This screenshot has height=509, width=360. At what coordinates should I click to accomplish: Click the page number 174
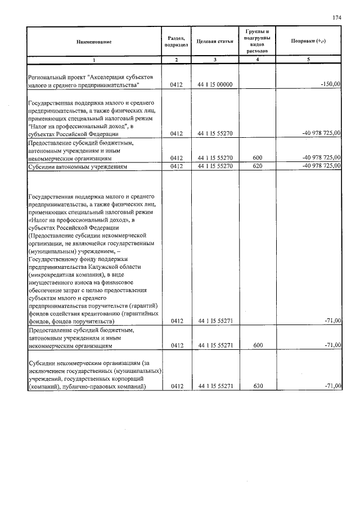tap(337, 18)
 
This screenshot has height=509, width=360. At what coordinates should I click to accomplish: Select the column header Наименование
tap(94, 42)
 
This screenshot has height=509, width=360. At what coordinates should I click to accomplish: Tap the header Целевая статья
tap(215, 42)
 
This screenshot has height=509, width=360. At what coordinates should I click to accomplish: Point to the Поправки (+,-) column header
tap(309, 42)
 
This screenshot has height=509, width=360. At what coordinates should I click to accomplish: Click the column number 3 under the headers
tap(215, 59)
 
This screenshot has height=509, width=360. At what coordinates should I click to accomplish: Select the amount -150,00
tap(330, 84)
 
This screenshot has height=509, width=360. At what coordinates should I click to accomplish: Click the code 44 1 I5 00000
tap(216, 85)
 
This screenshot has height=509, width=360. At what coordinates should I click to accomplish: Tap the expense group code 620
tap(257, 166)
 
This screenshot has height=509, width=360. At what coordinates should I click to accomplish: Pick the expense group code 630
tap(257, 386)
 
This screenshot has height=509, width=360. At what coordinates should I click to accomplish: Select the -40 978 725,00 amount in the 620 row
tap(321, 166)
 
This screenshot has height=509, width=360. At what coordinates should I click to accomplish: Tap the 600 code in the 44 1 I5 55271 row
tap(257, 347)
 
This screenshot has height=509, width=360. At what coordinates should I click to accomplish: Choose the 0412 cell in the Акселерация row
tap(176, 85)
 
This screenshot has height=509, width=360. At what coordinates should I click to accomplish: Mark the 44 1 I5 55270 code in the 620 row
tap(216, 166)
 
